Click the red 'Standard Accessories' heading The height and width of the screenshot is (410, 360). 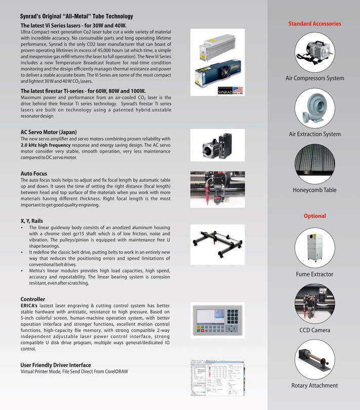(314, 23)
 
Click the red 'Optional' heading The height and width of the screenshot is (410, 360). (314, 216)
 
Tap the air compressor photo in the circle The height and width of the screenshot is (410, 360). (314, 52)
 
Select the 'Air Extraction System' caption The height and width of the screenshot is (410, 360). (314, 134)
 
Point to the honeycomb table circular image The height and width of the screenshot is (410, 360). (314, 164)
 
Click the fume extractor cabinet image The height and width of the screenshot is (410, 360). (314, 248)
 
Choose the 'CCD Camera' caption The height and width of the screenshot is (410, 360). (314, 330)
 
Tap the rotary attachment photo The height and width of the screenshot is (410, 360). (314, 359)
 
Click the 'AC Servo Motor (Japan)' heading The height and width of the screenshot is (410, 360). (49, 132)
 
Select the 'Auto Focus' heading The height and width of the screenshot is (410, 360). (34, 174)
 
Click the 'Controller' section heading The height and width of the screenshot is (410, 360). (33, 300)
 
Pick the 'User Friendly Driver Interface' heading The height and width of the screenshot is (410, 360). (56, 365)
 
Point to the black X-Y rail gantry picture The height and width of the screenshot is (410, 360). (217, 245)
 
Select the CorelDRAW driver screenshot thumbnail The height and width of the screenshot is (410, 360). (217, 378)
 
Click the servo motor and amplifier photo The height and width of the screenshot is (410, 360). (217, 145)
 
